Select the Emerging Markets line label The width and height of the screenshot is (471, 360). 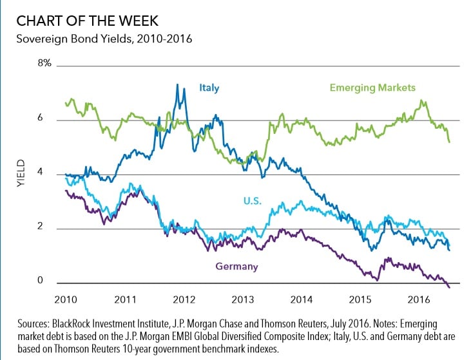(x=372, y=88)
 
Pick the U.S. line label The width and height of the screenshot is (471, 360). (x=254, y=201)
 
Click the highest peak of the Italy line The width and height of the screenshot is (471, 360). (x=177, y=84)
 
